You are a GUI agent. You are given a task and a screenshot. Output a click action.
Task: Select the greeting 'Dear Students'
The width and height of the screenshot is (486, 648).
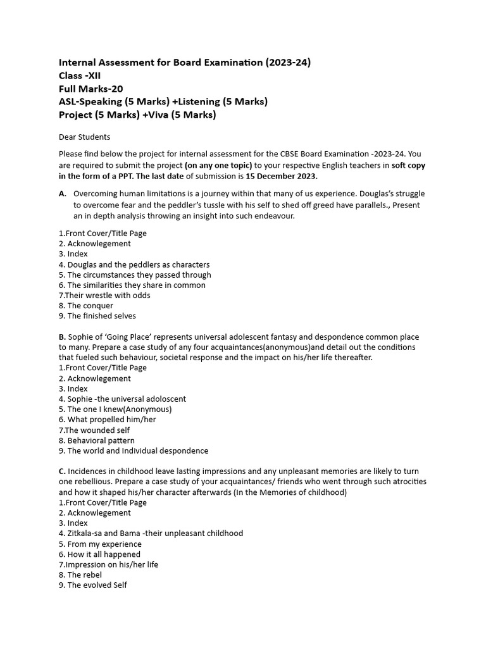(x=84, y=137)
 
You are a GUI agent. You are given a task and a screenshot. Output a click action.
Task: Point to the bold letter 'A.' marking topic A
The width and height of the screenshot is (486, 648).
(x=63, y=193)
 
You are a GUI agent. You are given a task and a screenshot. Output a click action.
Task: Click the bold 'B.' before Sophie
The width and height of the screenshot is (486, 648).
(x=62, y=337)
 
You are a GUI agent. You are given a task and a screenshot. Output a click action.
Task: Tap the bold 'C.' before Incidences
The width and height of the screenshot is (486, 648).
(x=62, y=471)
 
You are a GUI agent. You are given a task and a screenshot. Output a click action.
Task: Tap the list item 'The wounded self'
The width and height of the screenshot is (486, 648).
(x=97, y=430)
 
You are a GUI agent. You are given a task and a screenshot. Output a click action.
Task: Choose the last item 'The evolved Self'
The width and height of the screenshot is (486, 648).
(x=97, y=585)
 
